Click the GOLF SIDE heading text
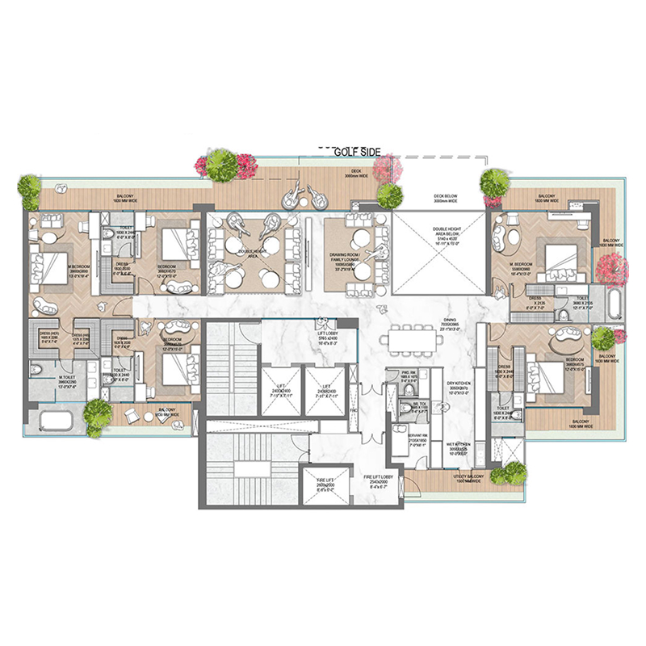(357, 150)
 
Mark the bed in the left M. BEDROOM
(48, 266)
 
